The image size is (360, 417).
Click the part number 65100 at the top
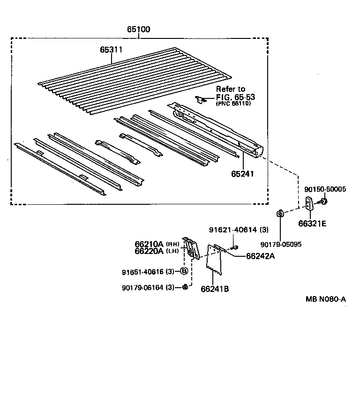point(138,29)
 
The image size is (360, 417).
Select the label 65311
point(111,49)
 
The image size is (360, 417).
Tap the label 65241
point(242,174)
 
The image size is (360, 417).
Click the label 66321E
point(312,223)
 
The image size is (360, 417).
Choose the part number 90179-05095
point(281,244)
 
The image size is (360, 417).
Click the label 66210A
point(149,244)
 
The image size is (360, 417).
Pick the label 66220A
point(149,251)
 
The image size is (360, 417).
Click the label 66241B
point(215,289)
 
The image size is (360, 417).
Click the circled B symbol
point(184,271)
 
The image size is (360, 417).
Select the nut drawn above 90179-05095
point(280,214)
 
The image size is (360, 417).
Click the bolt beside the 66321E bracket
point(323,202)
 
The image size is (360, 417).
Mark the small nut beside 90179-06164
point(185,287)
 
